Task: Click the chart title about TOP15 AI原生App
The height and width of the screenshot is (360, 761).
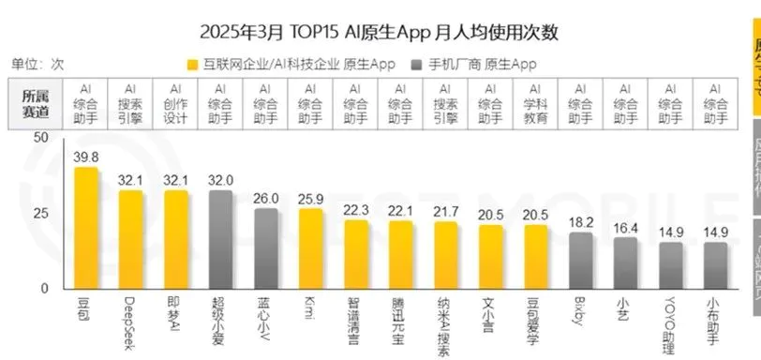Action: click(x=379, y=33)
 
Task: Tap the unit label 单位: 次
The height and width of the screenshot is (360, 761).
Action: click(x=37, y=64)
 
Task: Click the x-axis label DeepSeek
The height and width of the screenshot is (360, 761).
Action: click(x=130, y=319)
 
